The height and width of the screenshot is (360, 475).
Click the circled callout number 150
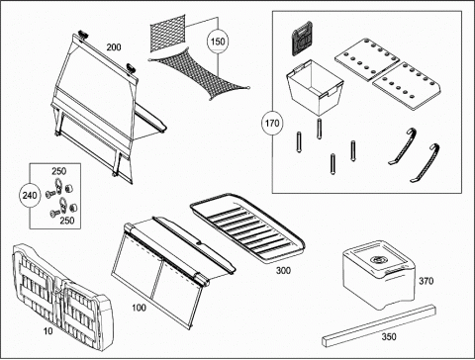coord(218,42)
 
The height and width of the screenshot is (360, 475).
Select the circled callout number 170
coord(272,124)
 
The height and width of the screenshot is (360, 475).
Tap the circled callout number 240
coord(30,196)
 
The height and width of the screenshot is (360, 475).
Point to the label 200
coord(114,47)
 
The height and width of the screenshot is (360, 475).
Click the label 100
coord(139,308)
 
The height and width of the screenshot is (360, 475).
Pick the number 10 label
coord(48,330)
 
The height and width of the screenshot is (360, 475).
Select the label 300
coord(283,271)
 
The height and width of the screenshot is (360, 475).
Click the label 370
coord(426,281)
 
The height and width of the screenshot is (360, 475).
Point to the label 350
coord(389,337)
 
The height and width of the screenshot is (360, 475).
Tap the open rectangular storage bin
coord(315,86)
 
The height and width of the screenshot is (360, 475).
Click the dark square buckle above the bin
coord(302,38)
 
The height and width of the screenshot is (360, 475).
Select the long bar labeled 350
coord(379,325)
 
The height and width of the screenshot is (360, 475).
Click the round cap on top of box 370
coord(376,260)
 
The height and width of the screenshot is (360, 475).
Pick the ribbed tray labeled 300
coord(247,228)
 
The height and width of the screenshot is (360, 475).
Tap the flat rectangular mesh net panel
coord(167,33)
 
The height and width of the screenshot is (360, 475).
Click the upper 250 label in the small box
coord(58,171)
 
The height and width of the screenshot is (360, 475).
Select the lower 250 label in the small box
coord(67,221)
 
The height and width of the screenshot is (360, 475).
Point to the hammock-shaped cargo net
coord(199,73)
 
